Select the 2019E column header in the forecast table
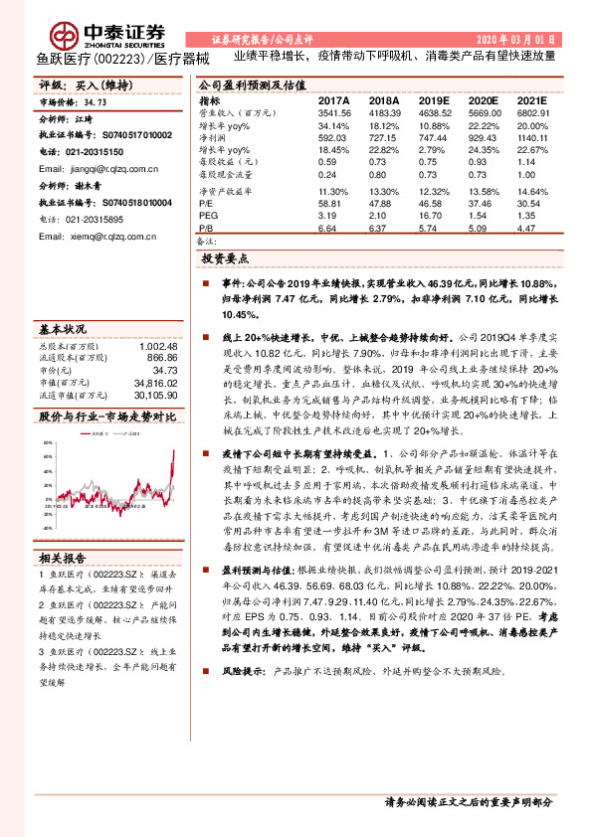tap(431, 101)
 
